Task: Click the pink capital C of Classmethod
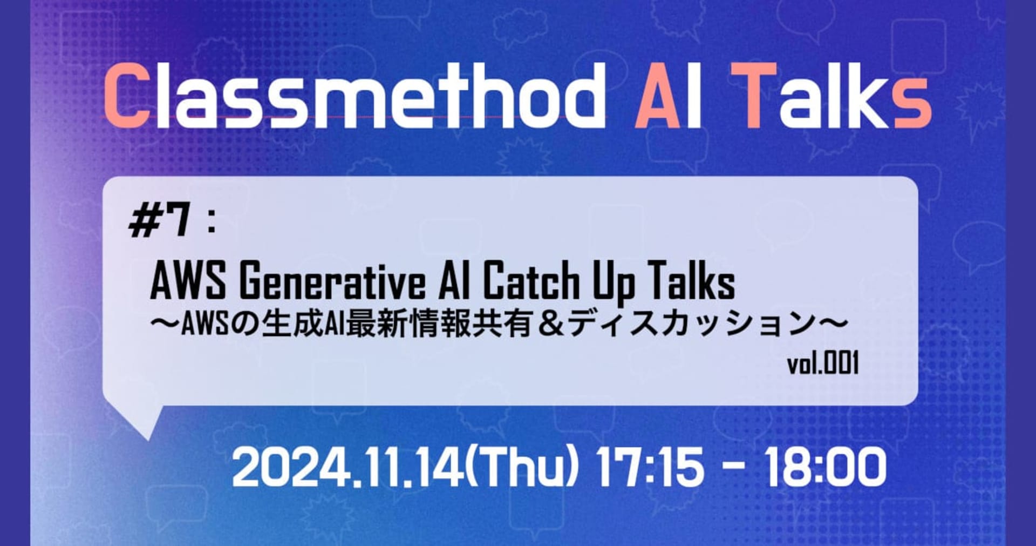[x=126, y=96]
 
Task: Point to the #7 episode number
[x=160, y=222]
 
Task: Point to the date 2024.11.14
[x=348, y=468]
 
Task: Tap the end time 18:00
[x=826, y=468]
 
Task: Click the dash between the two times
[x=735, y=469]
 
